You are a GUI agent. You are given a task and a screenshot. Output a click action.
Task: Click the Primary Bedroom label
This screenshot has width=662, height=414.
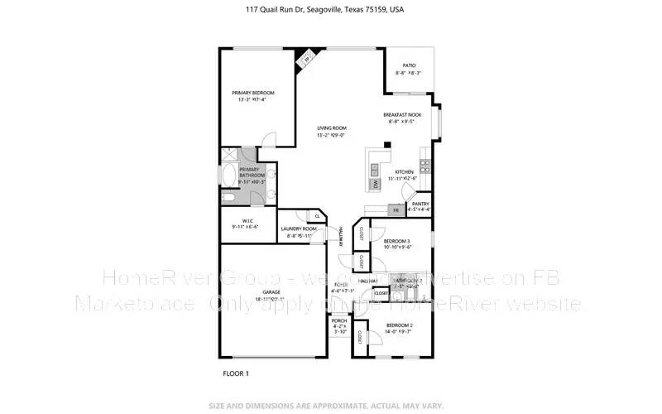[252, 93]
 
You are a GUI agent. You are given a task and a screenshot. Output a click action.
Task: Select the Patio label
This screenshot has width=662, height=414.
[409, 65]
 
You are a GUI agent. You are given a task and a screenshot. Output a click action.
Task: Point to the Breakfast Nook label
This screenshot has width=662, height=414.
[403, 114]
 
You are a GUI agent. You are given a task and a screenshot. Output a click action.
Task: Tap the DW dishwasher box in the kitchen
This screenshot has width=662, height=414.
[375, 184]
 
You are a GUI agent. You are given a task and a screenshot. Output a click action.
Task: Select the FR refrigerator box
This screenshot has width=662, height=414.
[396, 210]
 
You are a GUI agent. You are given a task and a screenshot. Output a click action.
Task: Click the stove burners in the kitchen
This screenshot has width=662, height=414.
[425, 162]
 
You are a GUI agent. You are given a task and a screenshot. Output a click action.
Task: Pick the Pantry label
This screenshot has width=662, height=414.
[420, 204]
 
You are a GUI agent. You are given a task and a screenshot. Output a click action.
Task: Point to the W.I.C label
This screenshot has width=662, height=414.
[245, 221]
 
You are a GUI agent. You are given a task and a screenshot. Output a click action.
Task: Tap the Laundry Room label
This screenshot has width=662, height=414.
[299, 229]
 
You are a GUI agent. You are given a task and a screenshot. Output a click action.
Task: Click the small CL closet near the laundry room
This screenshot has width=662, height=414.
[318, 216]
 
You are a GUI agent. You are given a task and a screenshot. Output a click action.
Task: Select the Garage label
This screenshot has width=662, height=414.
[271, 292]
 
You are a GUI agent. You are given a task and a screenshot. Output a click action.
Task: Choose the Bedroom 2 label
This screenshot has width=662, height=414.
[399, 326]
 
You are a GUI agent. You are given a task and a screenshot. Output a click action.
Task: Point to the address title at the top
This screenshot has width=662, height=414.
[330, 10]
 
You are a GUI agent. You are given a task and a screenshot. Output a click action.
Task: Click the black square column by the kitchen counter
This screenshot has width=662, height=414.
[386, 145]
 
